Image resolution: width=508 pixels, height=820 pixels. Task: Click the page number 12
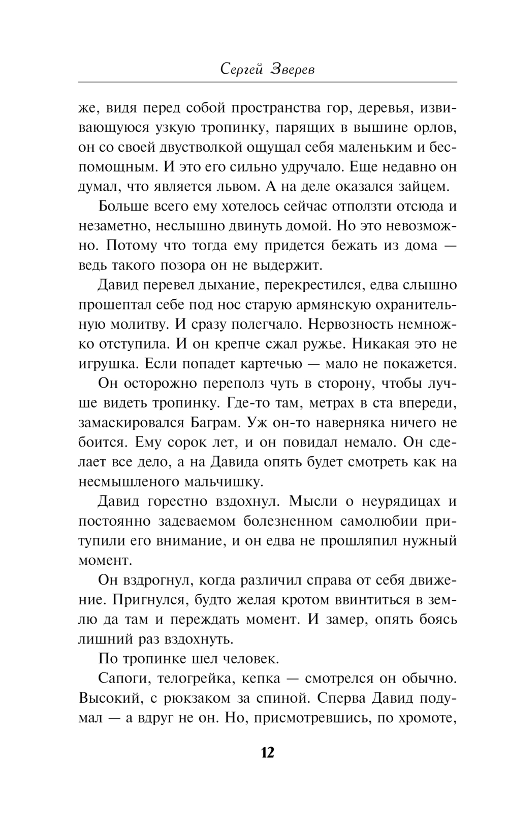267,752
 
